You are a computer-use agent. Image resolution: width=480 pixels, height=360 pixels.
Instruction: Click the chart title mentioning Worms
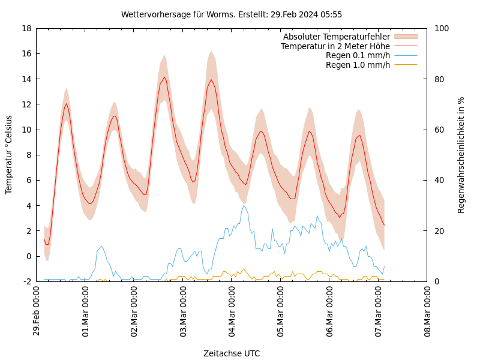pos(232,14)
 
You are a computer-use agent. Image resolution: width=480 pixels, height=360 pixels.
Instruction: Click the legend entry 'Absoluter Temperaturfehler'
pos(336,37)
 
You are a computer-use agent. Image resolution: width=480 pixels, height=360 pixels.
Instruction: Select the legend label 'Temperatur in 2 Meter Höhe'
pos(335,46)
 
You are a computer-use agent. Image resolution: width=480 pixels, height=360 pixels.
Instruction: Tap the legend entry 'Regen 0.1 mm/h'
pos(358,56)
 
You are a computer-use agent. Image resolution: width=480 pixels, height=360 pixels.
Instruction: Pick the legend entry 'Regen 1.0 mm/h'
pos(358,65)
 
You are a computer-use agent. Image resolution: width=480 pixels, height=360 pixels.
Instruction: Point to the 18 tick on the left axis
pos(26,28)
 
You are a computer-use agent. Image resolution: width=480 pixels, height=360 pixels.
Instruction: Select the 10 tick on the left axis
pos(26,130)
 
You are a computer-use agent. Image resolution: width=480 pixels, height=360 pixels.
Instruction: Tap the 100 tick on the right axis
pos(441,28)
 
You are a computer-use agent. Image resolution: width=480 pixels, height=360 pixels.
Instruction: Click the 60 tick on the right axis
pos(439,130)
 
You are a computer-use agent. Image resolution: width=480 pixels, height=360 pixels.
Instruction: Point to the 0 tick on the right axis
pos(436,281)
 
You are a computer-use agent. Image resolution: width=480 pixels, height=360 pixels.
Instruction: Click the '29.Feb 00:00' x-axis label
pos(37,312)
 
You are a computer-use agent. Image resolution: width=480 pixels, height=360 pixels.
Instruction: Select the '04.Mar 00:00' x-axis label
pos(232,312)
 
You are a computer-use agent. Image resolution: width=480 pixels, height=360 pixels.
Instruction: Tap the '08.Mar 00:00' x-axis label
pos(428,312)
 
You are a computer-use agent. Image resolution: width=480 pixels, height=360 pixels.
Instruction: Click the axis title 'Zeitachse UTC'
pos(232,353)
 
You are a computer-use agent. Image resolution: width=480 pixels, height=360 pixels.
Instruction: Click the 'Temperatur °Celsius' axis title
pos(9,154)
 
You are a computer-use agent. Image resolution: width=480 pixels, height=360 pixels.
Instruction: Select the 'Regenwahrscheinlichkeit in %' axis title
pos(461,154)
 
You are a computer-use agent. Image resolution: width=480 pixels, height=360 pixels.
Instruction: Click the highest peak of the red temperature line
pos(164,77)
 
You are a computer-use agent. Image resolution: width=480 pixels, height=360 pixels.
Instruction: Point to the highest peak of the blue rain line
pos(244,205)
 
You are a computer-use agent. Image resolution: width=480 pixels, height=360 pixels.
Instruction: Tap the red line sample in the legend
pos(406,46)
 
